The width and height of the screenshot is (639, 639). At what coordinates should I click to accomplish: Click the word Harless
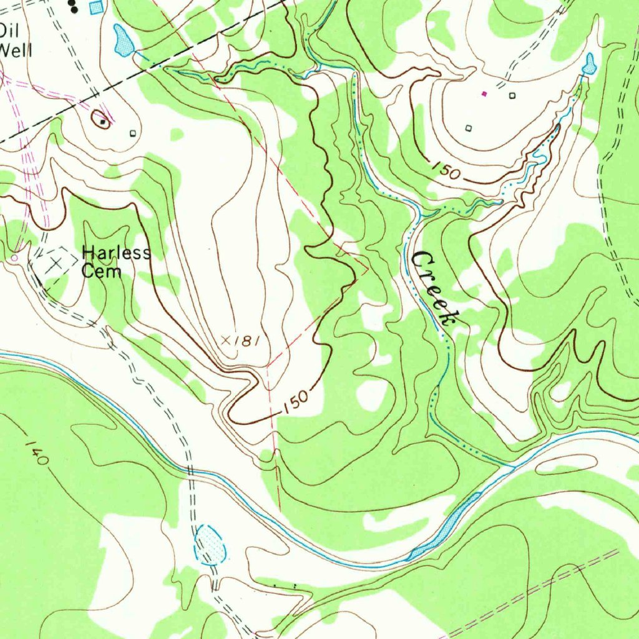pos(116,253)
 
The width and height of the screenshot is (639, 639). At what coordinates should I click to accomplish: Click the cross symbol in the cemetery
pos(56,263)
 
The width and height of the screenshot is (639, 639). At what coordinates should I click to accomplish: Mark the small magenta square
pos(484,94)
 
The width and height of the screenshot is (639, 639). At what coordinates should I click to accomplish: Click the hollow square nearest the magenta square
pos(512,95)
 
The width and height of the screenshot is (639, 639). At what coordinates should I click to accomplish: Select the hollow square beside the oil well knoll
pos(132,133)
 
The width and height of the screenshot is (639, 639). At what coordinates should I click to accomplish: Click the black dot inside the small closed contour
pos(102,122)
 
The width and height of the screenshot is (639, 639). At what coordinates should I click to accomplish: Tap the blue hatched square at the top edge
pos(95,7)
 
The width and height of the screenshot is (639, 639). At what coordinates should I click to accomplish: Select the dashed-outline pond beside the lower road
pos(210,544)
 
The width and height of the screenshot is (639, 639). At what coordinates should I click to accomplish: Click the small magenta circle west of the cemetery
pos(14,257)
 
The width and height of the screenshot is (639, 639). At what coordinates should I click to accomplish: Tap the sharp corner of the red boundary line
pos(367,269)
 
